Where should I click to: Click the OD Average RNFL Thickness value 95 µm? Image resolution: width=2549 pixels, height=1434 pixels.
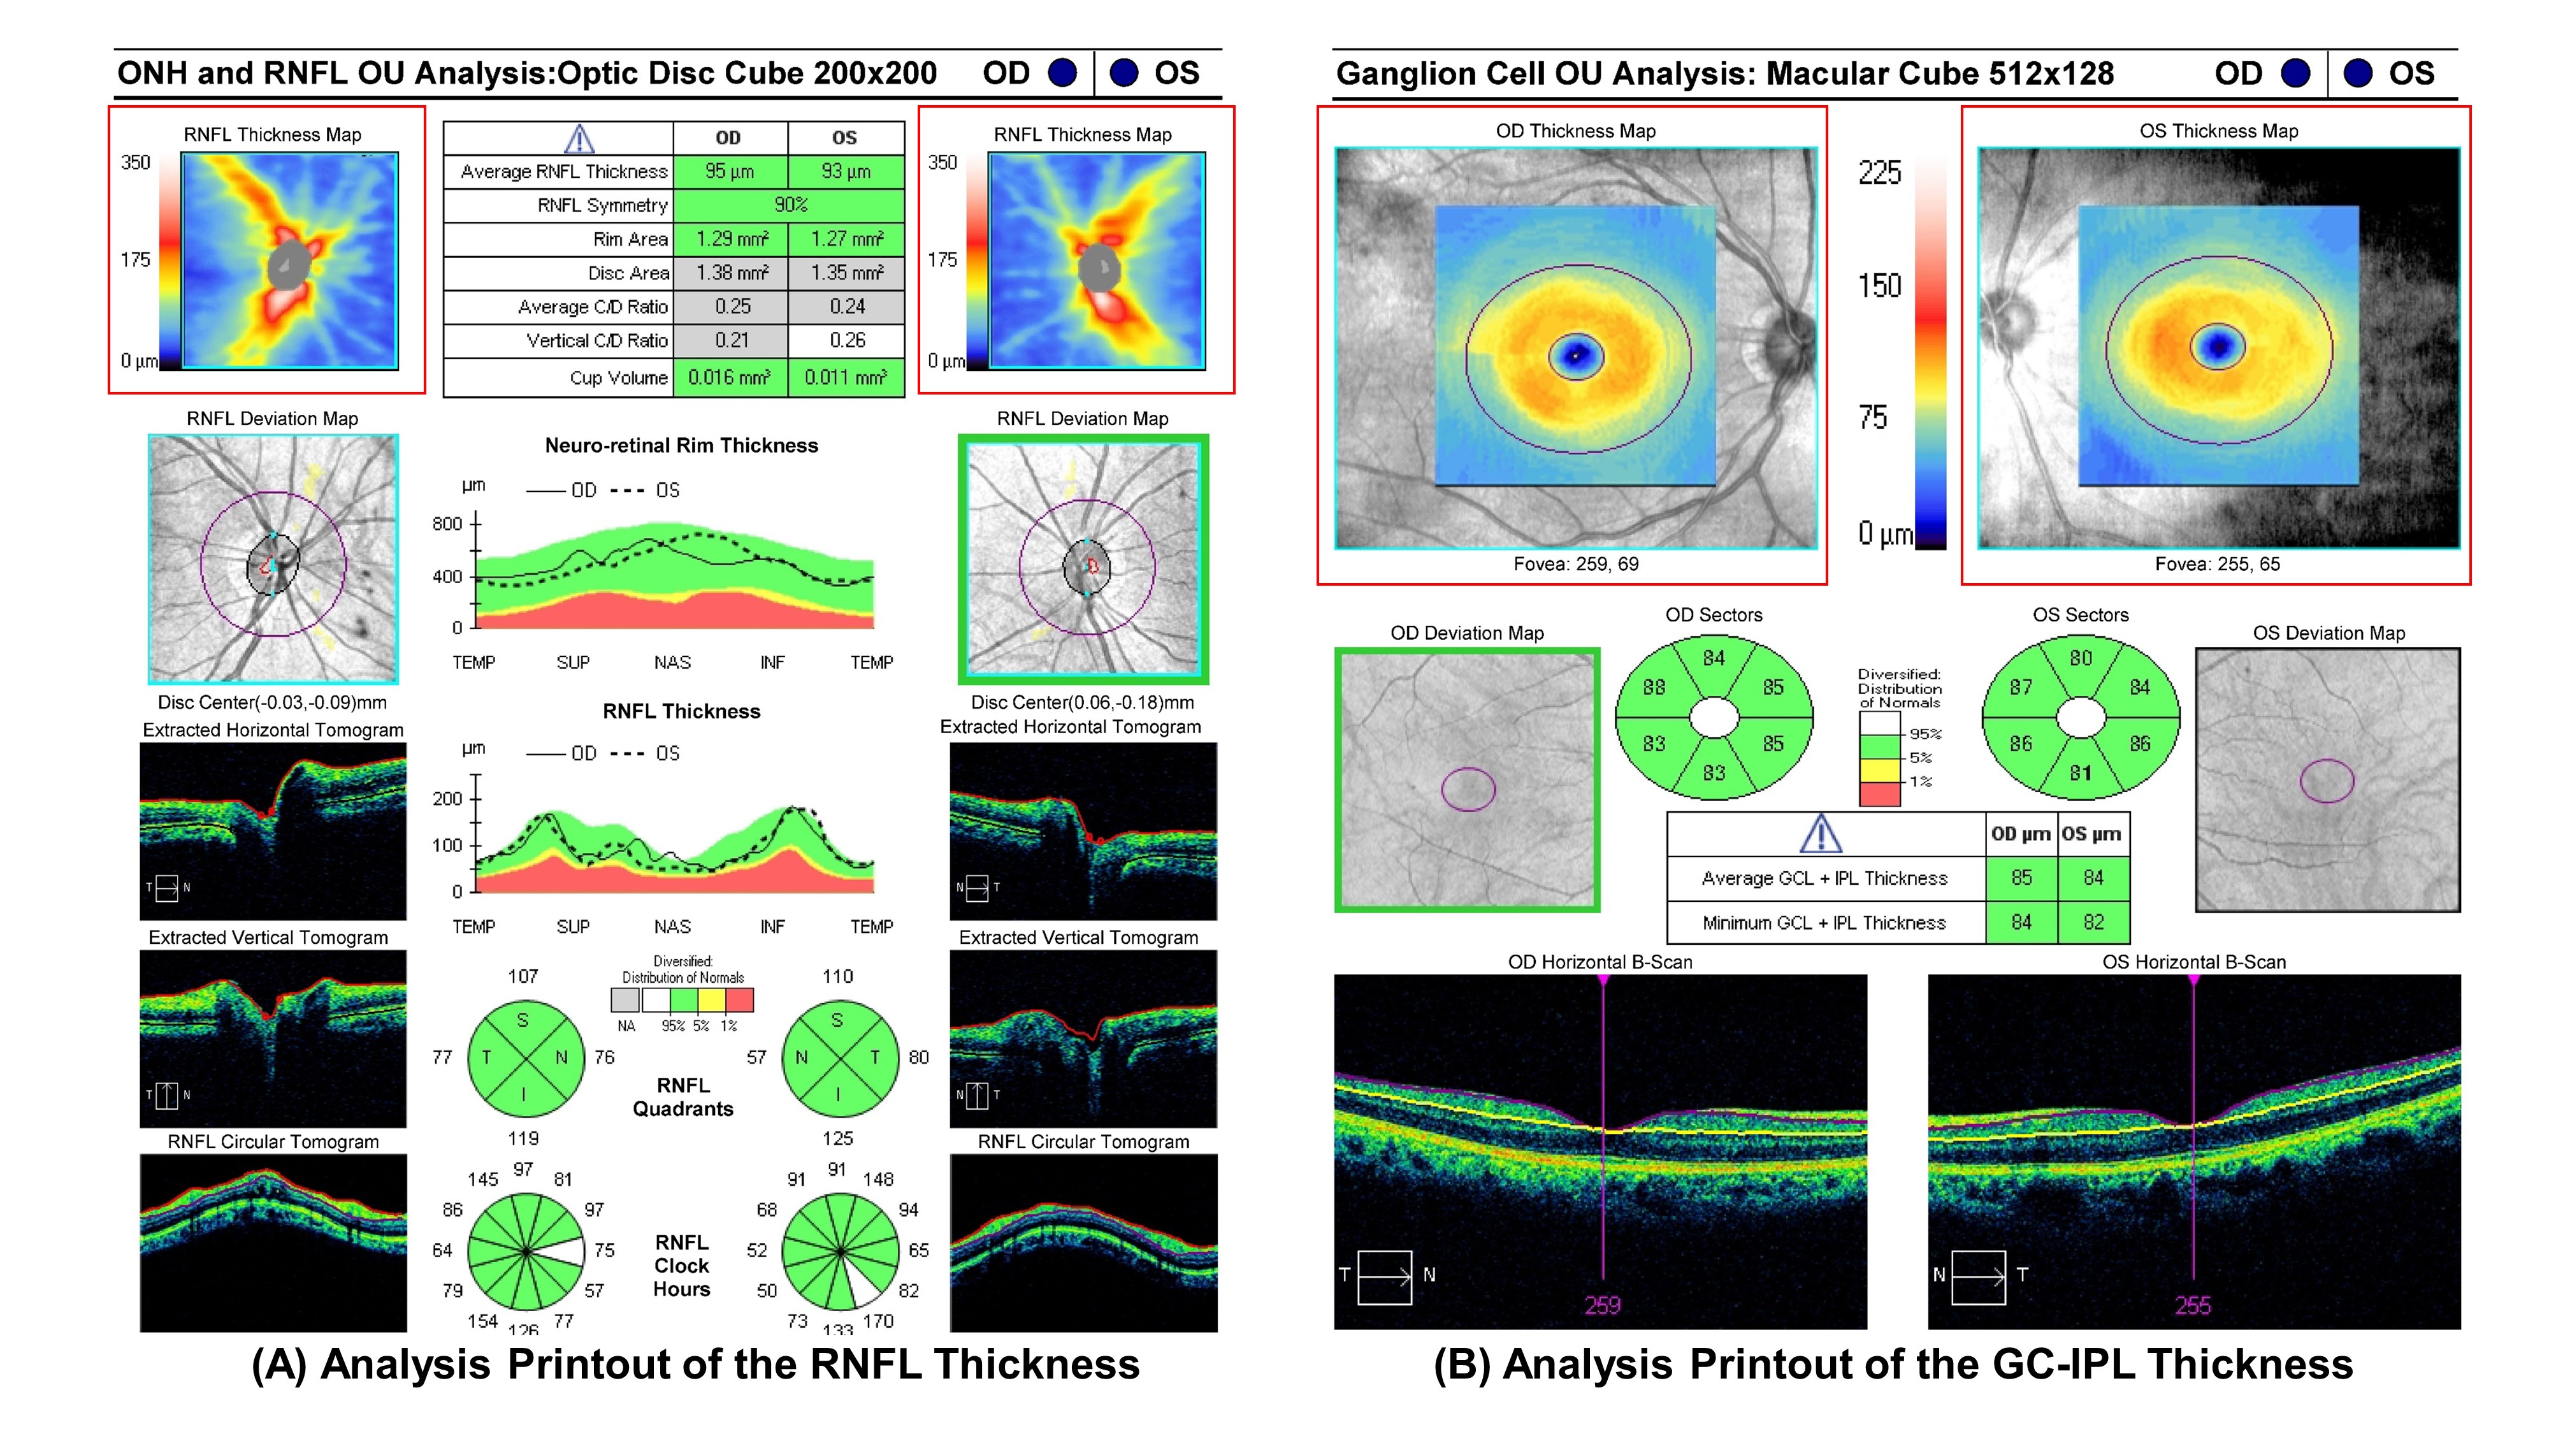(729, 171)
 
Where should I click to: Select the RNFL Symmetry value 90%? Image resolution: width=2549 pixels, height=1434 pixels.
(790, 205)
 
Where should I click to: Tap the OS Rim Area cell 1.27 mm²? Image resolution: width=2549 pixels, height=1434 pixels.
(845, 238)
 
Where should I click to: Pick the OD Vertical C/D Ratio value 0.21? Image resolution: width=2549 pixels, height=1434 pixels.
(732, 340)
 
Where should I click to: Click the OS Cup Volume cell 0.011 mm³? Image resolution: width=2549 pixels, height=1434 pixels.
(845, 377)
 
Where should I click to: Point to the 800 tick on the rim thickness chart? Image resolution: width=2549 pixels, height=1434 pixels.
(447, 523)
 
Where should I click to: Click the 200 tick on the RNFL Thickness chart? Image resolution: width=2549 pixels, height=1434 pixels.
(447, 799)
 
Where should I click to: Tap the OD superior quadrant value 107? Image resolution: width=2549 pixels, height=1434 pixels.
(523, 976)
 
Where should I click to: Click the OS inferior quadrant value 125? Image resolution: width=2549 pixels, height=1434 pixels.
(837, 1138)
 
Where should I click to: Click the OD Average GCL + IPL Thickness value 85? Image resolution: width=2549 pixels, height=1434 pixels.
(2021, 878)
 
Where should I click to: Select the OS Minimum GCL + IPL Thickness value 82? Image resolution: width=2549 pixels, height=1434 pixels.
(2093, 922)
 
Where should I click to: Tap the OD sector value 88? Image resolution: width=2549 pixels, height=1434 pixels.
(1654, 687)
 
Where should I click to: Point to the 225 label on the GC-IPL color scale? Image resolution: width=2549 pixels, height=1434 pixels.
(1879, 173)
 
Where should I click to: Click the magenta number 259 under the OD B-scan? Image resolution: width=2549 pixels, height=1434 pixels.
(1602, 1305)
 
